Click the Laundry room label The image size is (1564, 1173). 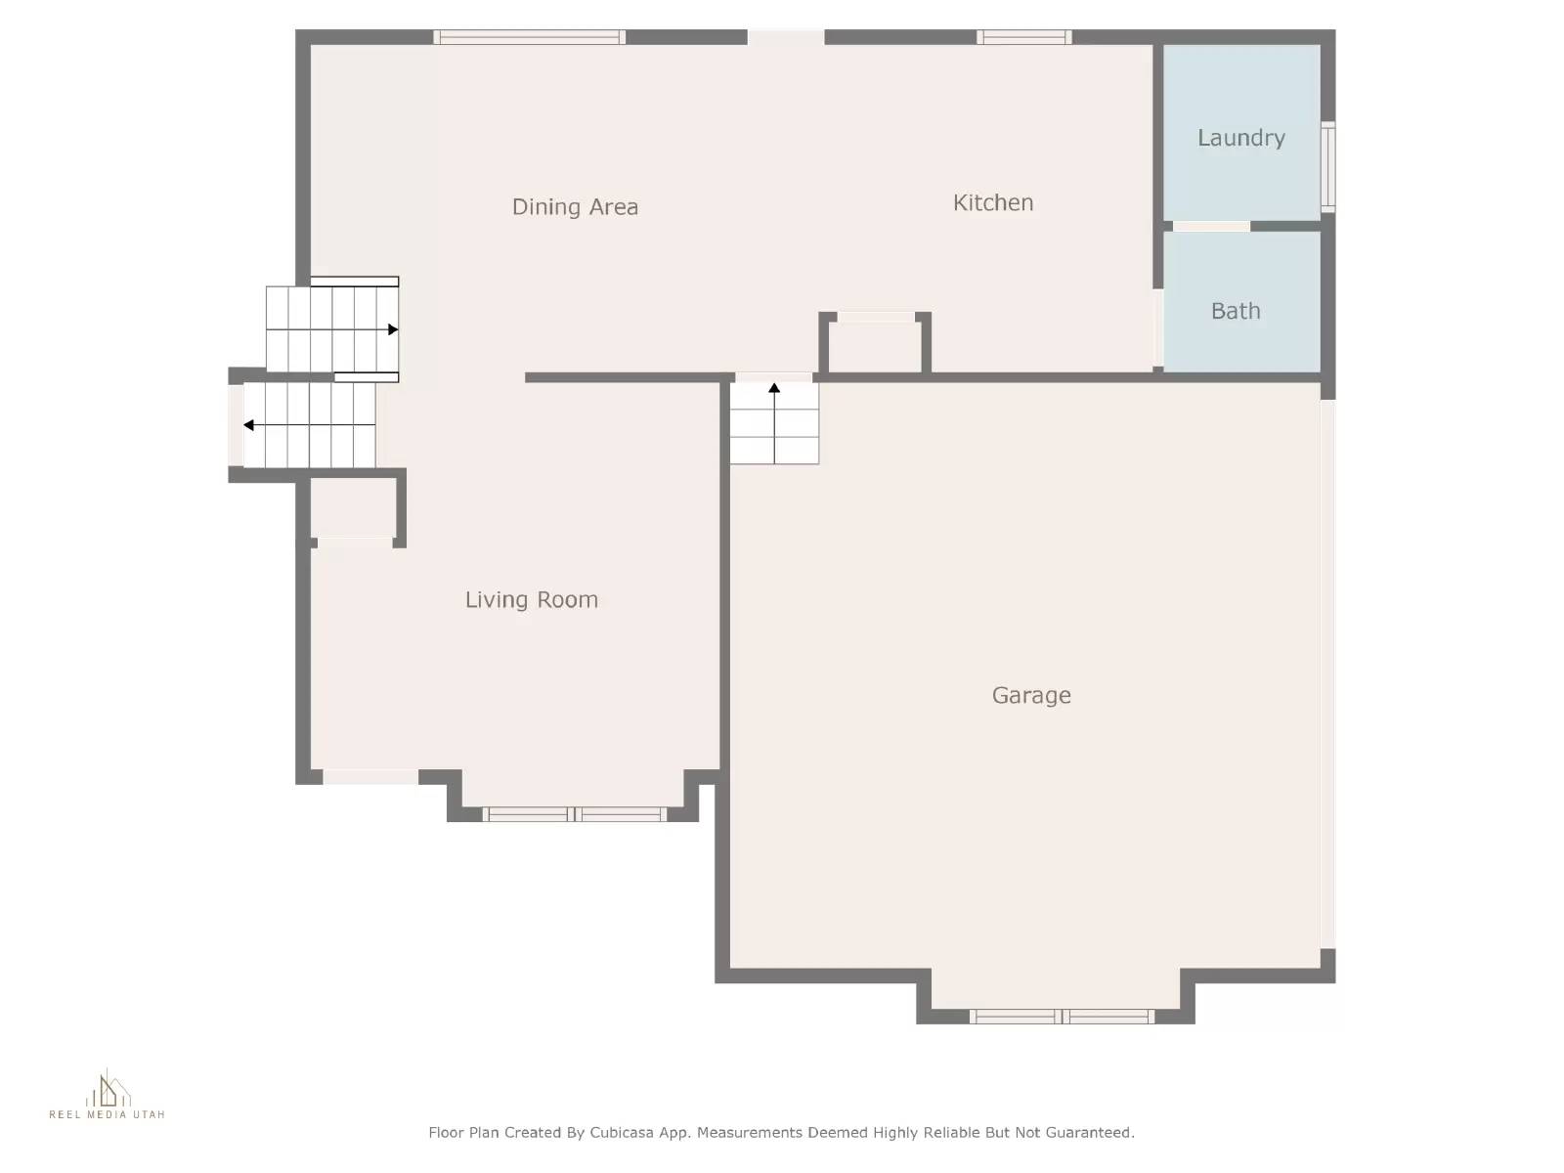(x=1240, y=138)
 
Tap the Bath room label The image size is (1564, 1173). (x=1236, y=311)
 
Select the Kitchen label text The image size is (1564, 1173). (x=992, y=202)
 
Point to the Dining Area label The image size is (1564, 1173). (x=575, y=206)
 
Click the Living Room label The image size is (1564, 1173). (x=531, y=599)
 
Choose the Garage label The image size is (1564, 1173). (x=1031, y=695)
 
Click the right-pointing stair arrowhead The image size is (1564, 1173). (x=393, y=329)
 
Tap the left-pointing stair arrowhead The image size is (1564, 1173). (x=249, y=425)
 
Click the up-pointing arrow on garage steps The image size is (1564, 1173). (x=774, y=389)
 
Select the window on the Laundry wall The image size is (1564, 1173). (x=1327, y=166)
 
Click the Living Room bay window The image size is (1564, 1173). (x=575, y=813)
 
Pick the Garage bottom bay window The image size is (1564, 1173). (x=1062, y=1017)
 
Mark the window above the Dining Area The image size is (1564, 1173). (x=529, y=37)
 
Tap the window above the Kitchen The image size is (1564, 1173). (x=1023, y=37)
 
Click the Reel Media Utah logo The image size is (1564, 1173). (x=108, y=1095)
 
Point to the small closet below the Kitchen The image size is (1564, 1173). (x=875, y=344)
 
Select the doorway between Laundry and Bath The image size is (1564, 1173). (x=1211, y=226)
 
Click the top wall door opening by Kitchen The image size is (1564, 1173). (x=786, y=37)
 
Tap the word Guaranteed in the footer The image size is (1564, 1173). (x=1089, y=1132)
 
